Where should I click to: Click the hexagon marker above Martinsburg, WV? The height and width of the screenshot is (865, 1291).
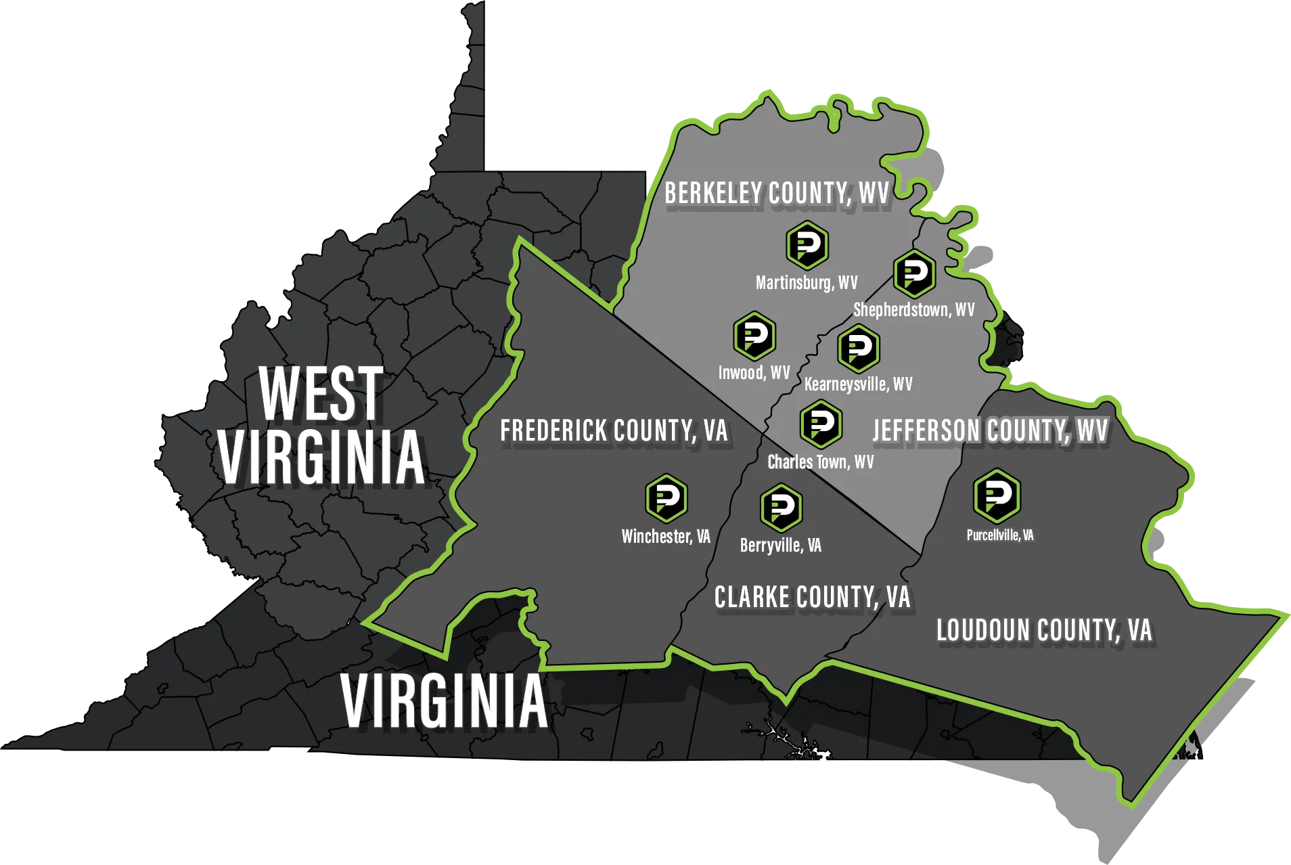[x=807, y=245]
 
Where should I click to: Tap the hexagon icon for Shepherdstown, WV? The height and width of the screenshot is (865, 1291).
[x=914, y=273]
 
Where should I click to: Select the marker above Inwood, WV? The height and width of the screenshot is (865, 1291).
[x=754, y=336]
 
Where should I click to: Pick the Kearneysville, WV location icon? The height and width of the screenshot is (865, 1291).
[x=859, y=349]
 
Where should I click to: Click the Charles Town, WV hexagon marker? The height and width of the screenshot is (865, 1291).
[x=821, y=424]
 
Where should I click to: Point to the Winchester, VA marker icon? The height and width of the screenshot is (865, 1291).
[x=666, y=499]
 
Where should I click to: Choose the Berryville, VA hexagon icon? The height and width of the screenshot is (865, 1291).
[x=781, y=508]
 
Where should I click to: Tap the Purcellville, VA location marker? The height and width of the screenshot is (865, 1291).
[x=997, y=495]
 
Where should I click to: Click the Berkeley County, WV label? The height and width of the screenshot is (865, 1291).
[x=776, y=194]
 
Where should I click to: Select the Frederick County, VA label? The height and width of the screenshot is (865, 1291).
[x=613, y=431]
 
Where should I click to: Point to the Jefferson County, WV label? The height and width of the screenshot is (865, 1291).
[x=990, y=431]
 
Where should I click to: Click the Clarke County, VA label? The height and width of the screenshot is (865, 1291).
[x=812, y=598]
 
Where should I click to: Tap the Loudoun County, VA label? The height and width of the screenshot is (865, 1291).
[x=1043, y=631]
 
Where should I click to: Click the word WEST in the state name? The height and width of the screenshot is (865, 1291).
[x=321, y=393]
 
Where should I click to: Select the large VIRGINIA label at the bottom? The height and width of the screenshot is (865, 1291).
[x=444, y=702]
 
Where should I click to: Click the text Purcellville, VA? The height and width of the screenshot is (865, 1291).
[x=999, y=535]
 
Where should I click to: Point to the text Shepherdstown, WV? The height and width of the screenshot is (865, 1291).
[x=913, y=310]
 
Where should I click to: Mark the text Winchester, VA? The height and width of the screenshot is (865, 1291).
[x=666, y=537]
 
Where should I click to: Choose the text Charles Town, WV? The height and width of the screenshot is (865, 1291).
[x=820, y=462]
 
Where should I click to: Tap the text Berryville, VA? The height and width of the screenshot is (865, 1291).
[x=780, y=546]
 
